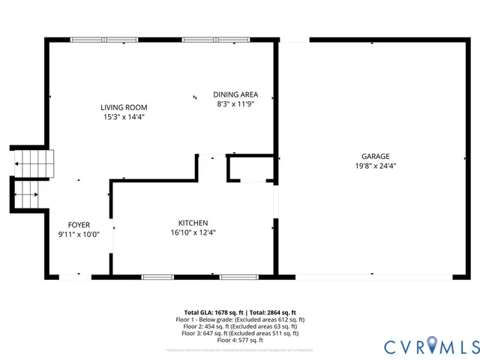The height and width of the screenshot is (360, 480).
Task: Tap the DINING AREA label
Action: pyautogui.click(x=235, y=94)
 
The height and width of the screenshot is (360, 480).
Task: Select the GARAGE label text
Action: pyautogui.click(x=375, y=156)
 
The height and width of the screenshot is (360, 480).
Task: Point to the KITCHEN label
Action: pyautogui.click(x=193, y=223)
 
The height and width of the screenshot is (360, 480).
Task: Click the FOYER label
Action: pyautogui.click(x=79, y=224)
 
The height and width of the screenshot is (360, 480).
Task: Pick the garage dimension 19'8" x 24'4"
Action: pyautogui.click(x=375, y=166)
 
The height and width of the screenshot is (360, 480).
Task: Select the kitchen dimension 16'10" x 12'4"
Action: pyautogui.click(x=193, y=232)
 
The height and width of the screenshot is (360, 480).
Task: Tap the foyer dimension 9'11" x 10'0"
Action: pyautogui.click(x=79, y=234)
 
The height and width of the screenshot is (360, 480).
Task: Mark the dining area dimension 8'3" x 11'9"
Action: pyautogui.click(x=235, y=104)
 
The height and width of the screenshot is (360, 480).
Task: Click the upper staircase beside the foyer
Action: pyautogui.click(x=34, y=162)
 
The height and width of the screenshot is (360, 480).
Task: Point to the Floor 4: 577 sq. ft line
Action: pyautogui.click(x=240, y=340)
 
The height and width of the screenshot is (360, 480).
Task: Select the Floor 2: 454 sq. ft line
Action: pyautogui.click(x=240, y=326)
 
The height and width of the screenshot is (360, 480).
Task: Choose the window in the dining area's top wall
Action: pyautogui.click(x=207, y=39)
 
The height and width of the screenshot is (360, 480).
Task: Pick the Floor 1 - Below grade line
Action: pyautogui.click(x=240, y=319)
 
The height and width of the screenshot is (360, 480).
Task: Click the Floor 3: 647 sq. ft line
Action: pyautogui.click(x=240, y=333)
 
